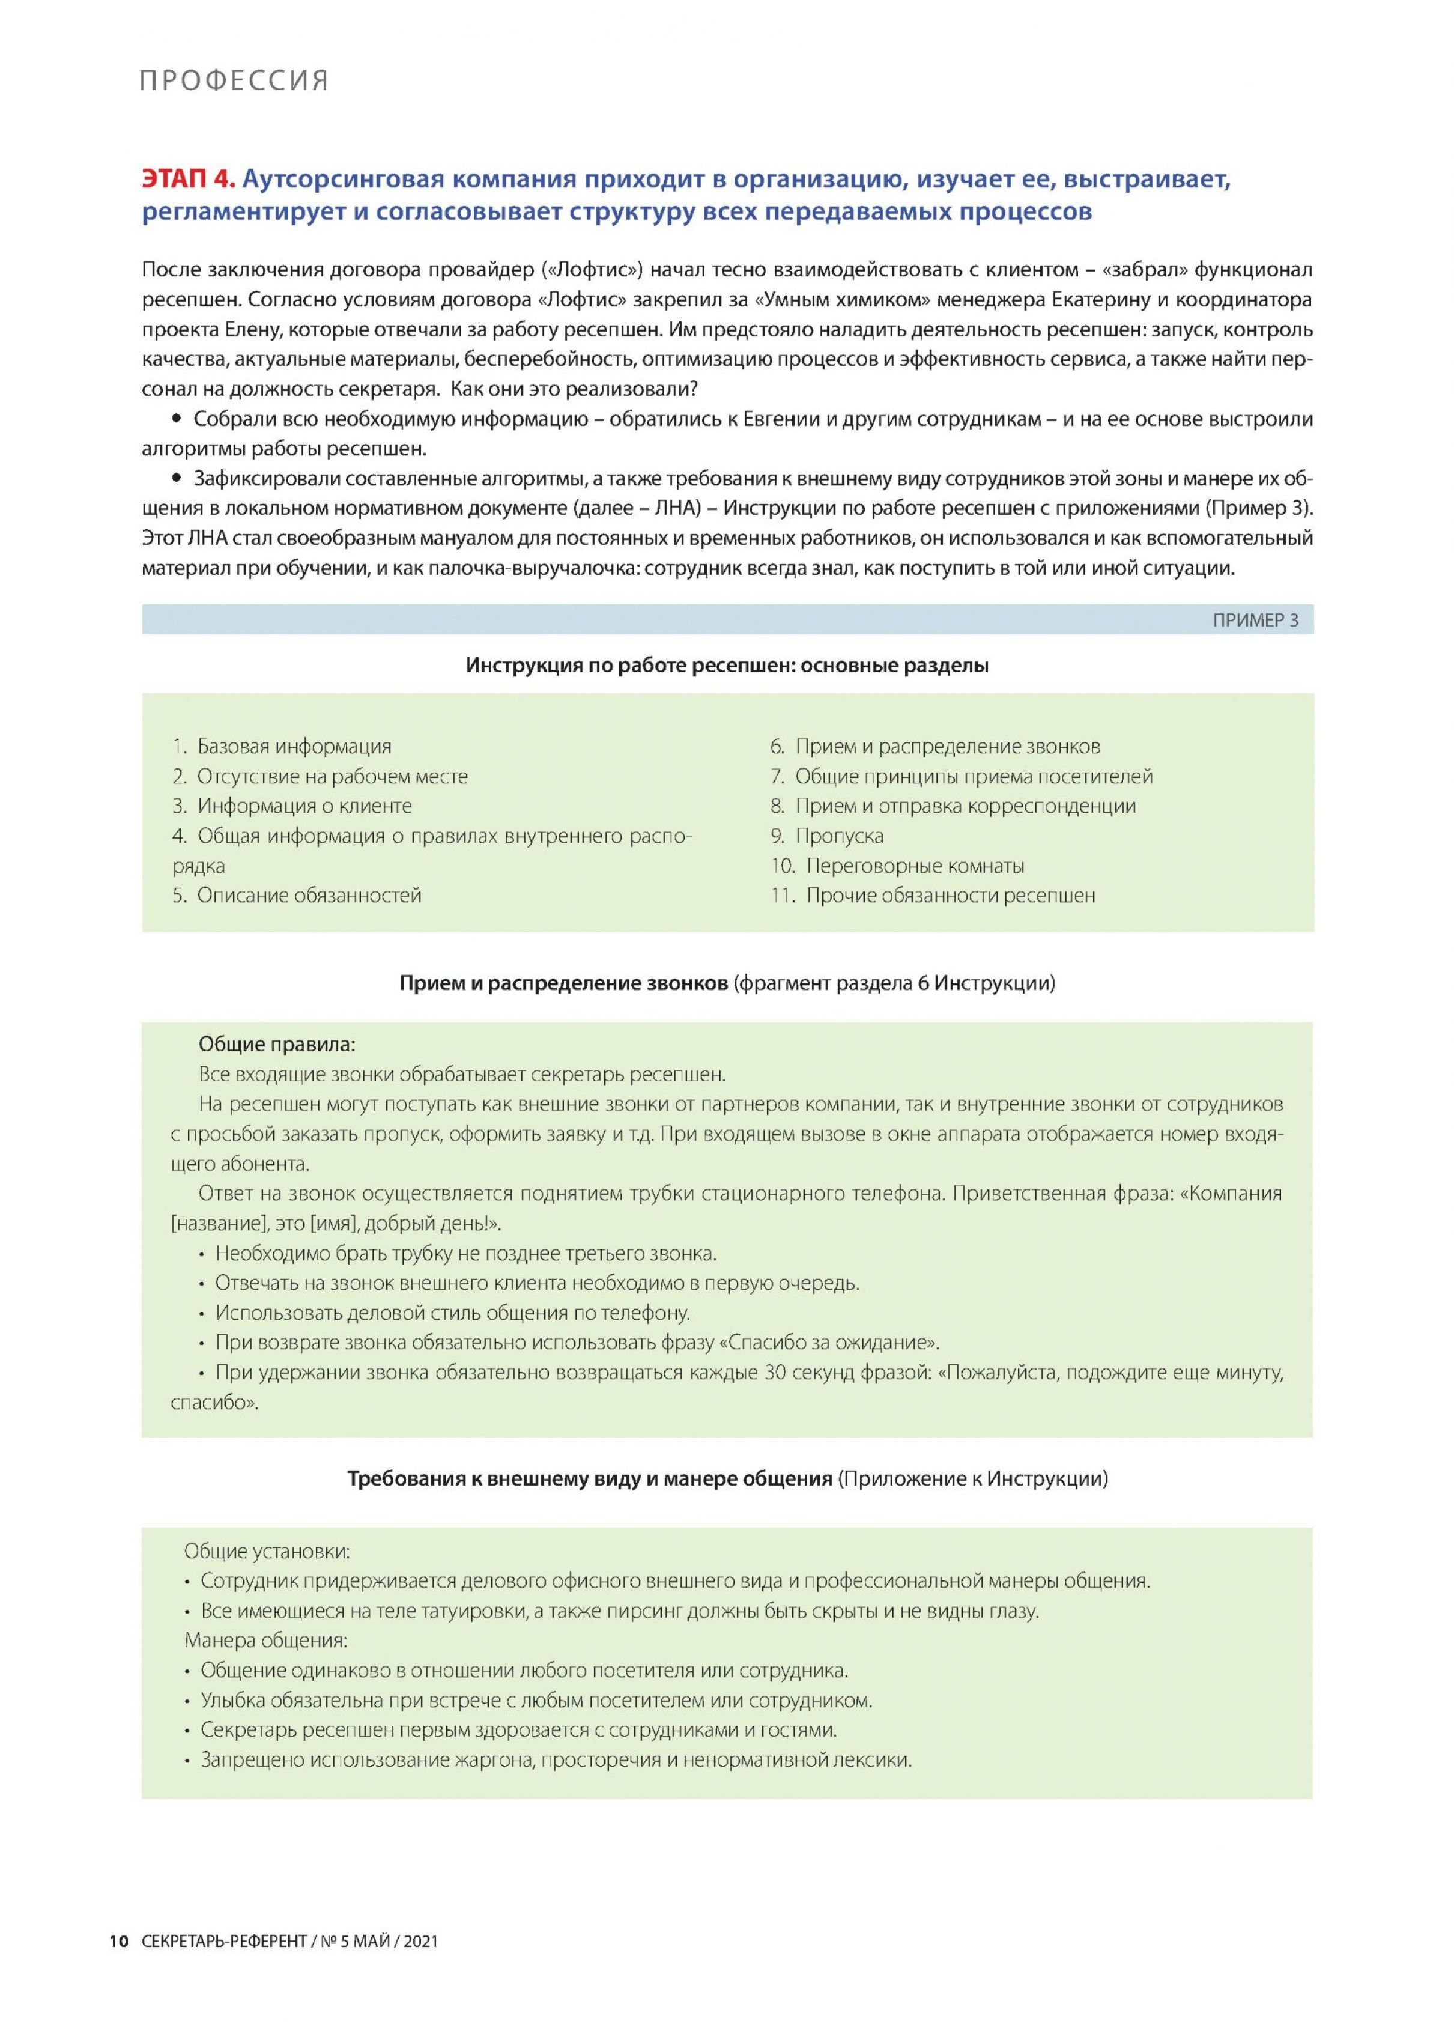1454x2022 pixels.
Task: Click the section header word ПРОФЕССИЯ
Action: pos(234,81)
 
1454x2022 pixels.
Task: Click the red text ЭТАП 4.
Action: pos(188,179)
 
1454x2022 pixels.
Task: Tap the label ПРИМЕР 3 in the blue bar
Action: pos(1255,619)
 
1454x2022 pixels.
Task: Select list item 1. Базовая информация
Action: pos(282,746)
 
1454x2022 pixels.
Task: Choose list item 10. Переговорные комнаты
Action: pos(897,866)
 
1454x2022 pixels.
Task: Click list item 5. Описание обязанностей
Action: pos(296,895)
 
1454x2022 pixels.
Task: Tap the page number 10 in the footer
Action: pos(118,1942)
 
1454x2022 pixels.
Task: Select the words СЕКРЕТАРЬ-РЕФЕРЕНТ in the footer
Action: pos(224,1942)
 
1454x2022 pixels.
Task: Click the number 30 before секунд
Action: pos(775,1372)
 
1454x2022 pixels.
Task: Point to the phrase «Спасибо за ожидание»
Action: pos(829,1342)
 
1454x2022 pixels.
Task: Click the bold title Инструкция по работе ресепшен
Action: pos(623,665)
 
